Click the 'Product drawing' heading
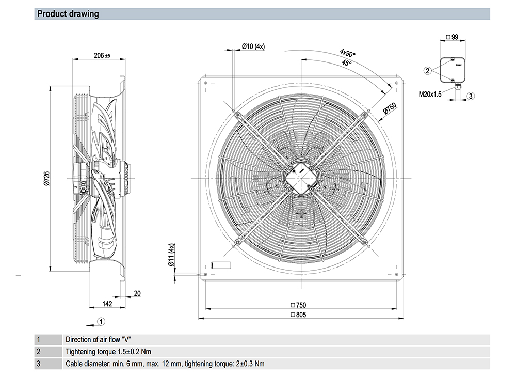68,14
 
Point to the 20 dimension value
137,293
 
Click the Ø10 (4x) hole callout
253,46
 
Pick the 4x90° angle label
348,54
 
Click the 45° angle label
347,63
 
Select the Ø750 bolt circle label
390,109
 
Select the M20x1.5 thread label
430,95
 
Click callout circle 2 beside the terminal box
427,70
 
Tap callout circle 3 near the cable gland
471,96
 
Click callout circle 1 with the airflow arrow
102,321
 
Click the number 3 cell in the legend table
38,364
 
